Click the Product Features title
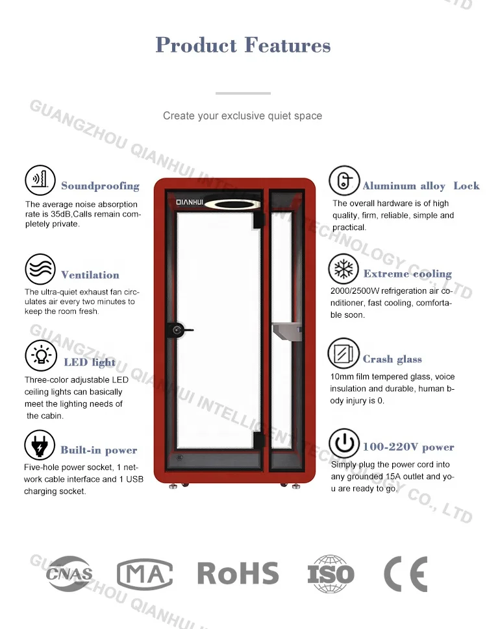pyautogui.click(x=243, y=45)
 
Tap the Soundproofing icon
pyautogui.click(x=40, y=180)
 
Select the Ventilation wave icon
pyautogui.click(x=40, y=268)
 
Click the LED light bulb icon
pyautogui.click(x=40, y=356)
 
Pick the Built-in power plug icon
pyautogui.click(x=40, y=445)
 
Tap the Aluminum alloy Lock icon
pyautogui.click(x=343, y=181)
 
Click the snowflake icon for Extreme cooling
pyautogui.click(x=343, y=268)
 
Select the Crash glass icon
pyautogui.click(x=343, y=354)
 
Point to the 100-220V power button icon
pyautogui.click(x=343, y=444)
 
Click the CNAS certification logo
pyautogui.click(x=69, y=574)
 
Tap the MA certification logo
pyautogui.click(x=144, y=574)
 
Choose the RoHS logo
pyautogui.click(x=238, y=574)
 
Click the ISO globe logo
pyautogui.click(x=331, y=574)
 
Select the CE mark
pyautogui.click(x=405, y=574)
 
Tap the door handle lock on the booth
pyautogui.click(x=178, y=330)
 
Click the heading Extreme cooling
pyautogui.click(x=407, y=274)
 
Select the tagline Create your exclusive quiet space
pyautogui.click(x=242, y=115)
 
